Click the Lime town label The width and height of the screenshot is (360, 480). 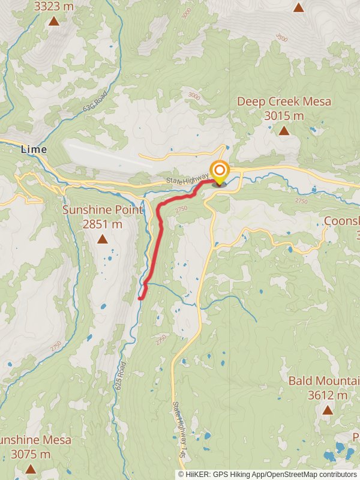[34, 149]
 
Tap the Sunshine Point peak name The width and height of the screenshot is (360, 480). [103, 210]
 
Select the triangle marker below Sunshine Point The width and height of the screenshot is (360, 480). [103, 239]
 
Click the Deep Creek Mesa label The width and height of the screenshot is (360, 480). [284, 101]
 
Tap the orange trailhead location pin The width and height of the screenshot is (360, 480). [219, 171]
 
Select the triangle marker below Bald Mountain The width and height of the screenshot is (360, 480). [327, 410]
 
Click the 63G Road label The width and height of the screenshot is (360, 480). [96, 103]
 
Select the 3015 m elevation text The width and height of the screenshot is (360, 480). [284, 115]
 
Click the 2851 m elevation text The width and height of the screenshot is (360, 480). [103, 224]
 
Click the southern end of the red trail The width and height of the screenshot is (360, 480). [140, 298]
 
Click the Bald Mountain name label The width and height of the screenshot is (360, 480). [325, 380]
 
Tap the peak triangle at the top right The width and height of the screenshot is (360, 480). [299, 7]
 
